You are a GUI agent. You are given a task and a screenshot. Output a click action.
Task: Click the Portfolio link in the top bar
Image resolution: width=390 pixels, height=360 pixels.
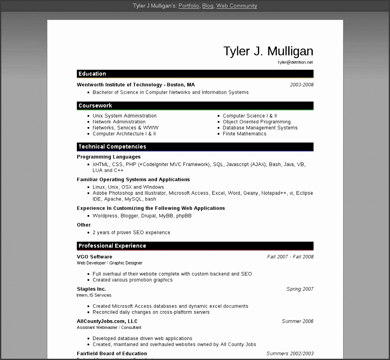[x=189, y=6]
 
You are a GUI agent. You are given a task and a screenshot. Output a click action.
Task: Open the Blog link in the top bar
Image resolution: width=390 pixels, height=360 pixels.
[x=208, y=6]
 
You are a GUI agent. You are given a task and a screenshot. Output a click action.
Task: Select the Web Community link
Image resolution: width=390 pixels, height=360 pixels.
[x=236, y=6]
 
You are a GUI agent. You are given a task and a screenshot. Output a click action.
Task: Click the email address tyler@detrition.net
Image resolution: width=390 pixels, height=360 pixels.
[x=295, y=62]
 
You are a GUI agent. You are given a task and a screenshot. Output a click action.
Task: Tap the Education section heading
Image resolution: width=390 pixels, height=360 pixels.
[x=92, y=74]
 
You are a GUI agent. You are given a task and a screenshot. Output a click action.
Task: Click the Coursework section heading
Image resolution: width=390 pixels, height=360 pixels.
[x=95, y=106]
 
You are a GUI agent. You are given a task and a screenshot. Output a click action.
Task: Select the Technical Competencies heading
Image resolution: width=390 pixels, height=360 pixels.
[x=112, y=147]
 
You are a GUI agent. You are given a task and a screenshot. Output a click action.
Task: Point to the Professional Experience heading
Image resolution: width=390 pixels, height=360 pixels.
[x=112, y=246]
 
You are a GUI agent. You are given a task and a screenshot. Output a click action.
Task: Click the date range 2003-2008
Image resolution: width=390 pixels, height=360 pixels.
[x=302, y=85]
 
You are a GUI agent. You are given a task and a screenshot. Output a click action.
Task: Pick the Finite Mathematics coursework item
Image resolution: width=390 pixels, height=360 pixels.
[x=244, y=134]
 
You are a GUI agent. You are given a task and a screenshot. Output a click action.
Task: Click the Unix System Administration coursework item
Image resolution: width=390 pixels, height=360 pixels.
[x=124, y=116]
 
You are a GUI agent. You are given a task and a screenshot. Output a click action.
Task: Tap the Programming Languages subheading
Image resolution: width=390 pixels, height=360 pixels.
[x=109, y=157]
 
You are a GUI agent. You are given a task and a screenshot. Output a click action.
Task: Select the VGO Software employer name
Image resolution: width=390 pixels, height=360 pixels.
[x=94, y=257]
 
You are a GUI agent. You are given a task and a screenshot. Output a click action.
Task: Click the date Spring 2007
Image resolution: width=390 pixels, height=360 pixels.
[x=300, y=289]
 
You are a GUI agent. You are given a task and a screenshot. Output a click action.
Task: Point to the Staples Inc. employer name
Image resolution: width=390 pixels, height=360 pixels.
[x=91, y=289]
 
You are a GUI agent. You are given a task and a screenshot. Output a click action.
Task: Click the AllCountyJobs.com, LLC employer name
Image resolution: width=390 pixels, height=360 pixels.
[x=107, y=321]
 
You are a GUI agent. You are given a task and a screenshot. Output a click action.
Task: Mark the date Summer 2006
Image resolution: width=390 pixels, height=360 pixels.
[x=297, y=321]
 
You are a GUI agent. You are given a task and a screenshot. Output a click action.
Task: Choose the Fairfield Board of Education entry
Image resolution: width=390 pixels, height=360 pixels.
[x=112, y=354]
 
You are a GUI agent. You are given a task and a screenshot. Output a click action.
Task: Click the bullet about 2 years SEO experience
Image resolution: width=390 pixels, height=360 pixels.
[x=131, y=233]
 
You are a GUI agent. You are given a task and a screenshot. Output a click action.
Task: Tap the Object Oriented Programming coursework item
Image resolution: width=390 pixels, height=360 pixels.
[x=256, y=122]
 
